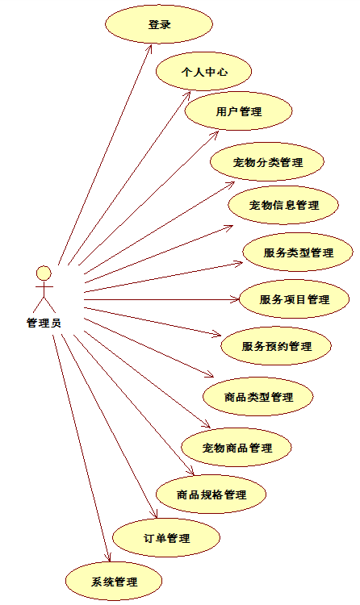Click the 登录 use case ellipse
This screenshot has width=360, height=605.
click(159, 24)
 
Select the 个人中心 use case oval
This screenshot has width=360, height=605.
click(204, 72)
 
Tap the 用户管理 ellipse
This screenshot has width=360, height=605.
click(238, 111)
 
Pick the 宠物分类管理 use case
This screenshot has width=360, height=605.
click(267, 162)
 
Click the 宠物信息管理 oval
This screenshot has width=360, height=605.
click(283, 205)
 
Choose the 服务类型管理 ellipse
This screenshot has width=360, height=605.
click(298, 252)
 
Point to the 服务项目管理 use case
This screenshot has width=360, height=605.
click(295, 299)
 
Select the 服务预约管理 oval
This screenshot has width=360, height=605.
click(276, 346)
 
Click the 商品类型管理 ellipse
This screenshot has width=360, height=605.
click(258, 397)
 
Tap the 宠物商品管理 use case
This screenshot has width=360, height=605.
click(237, 448)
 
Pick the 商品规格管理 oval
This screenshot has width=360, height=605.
click(211, 494)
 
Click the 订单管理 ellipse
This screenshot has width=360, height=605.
click(166, 538)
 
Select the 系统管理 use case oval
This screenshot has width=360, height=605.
click(114, 582)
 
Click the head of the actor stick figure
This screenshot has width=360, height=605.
click(44, 273)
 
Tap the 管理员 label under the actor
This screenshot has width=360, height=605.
click(44, 323)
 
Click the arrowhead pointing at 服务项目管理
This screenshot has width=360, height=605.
click(235, 299)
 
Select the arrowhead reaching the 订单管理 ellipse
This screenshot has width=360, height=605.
click(154, 514)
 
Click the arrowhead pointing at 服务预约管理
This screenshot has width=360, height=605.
click(216, 333)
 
